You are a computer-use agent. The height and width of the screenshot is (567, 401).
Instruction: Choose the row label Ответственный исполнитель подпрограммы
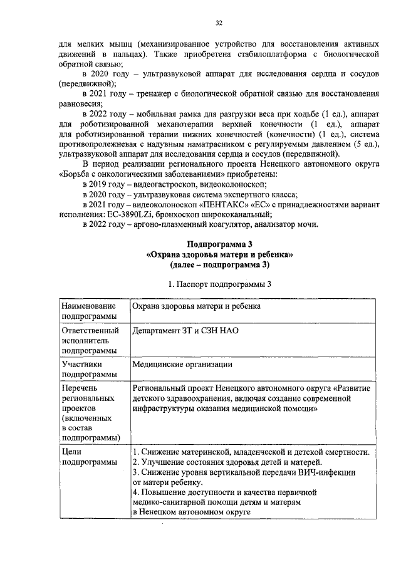pos(88,340)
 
